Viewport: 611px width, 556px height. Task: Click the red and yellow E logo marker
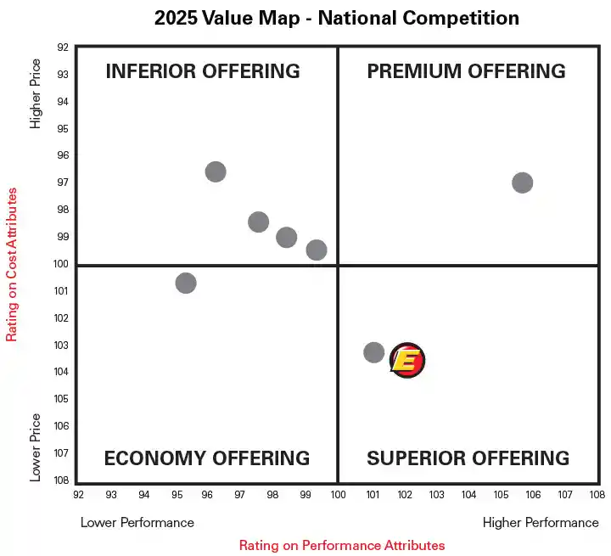407,361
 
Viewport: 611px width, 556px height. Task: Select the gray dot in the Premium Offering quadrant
522,183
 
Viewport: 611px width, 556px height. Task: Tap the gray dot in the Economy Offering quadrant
186,283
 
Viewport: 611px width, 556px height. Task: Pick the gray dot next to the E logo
374,352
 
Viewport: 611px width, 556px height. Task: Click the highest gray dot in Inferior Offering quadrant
216,171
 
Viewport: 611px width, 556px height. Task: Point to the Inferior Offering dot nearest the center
317,250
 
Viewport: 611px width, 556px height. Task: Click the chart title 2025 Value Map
337,18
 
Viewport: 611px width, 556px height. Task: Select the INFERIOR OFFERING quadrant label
203,71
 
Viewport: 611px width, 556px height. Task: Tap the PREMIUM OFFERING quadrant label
466,71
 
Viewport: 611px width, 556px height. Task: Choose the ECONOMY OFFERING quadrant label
206,458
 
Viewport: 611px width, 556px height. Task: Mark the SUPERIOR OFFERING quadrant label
468,458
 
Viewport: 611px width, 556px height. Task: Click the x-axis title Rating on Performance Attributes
342,545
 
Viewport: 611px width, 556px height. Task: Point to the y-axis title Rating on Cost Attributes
12,265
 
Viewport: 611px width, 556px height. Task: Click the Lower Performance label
137,522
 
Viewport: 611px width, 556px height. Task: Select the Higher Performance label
541,522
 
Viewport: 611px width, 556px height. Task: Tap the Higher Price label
36,93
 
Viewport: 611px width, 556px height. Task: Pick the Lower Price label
36,447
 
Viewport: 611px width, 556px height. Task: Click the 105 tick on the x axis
501,494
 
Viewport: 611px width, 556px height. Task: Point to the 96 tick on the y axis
62,155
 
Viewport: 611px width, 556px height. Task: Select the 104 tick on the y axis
62,372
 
